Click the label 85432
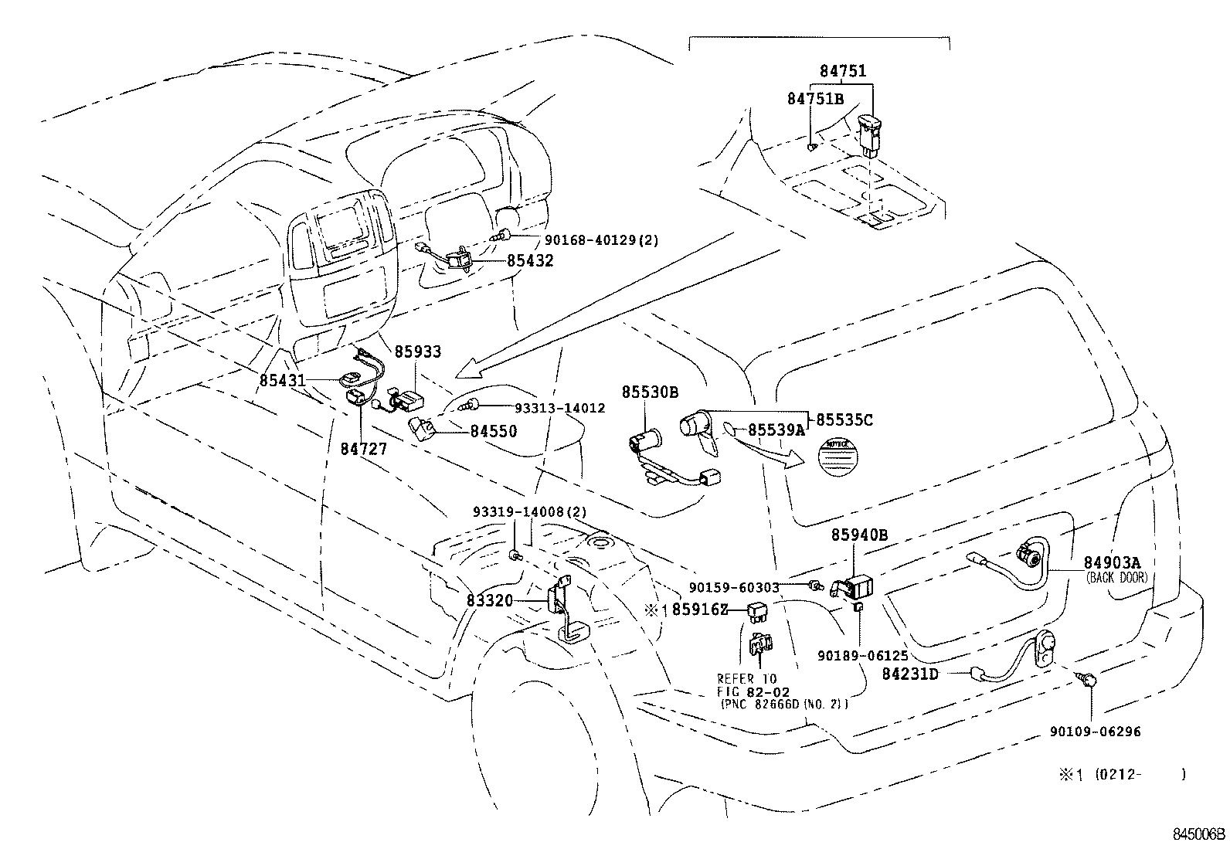[530, 261]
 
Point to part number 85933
[418, 352]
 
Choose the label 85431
[282, 381]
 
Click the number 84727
[363, 448]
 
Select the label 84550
[494, 431]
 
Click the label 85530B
[651, 392]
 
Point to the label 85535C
[844, 419]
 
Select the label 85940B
[859, 535]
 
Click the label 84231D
[910, 674]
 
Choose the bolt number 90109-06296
[1095, 732]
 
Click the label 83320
[490, 599]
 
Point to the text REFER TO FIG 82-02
[747, 685]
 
